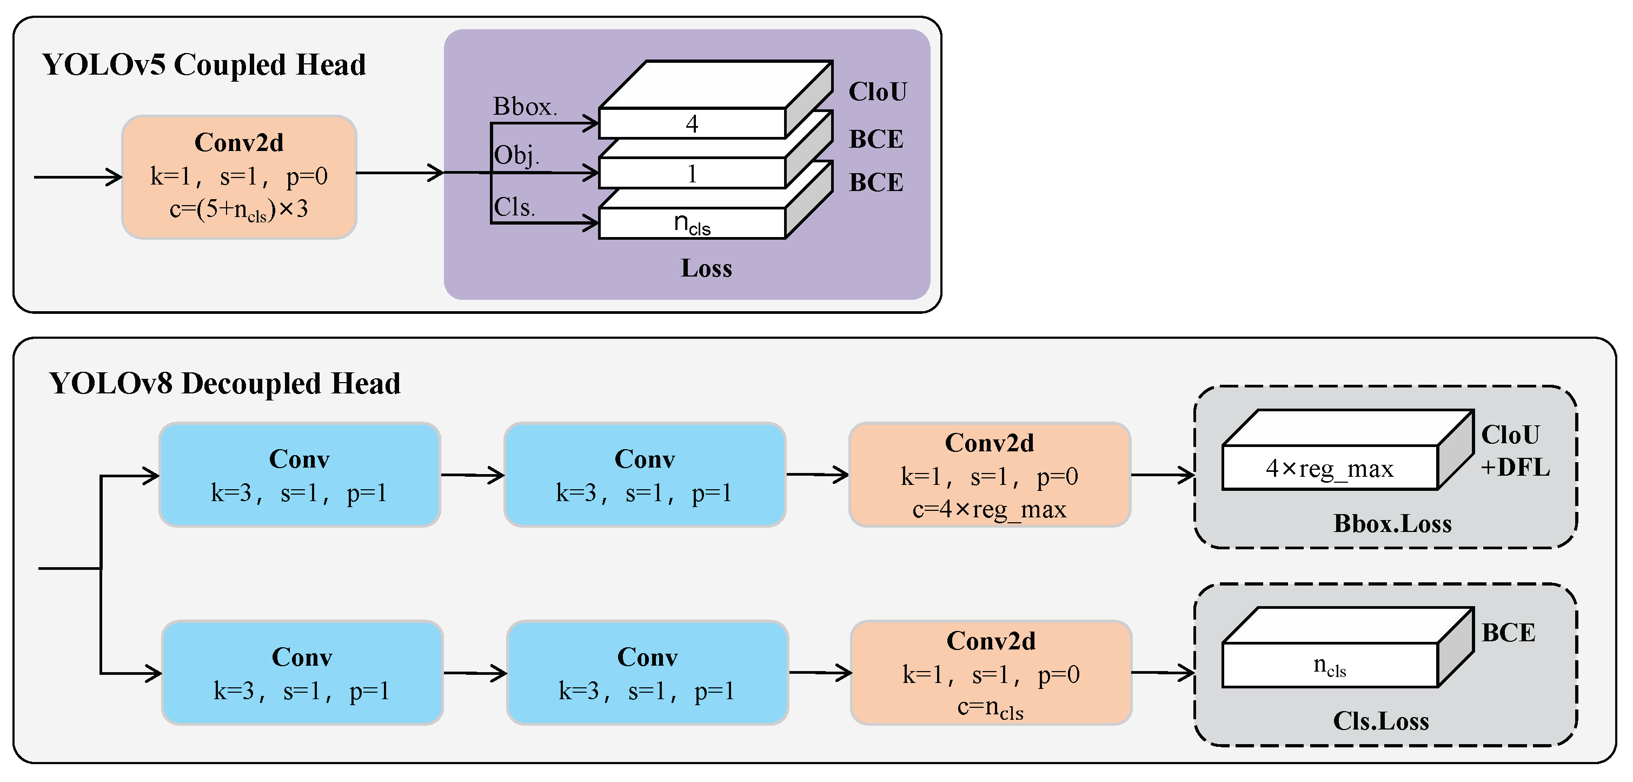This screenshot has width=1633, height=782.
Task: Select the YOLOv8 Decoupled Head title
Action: (x=224, y=384)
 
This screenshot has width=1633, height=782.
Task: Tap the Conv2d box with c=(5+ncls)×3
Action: (x=239, y=177)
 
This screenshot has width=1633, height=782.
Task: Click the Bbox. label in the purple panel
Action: (x=525, y=107)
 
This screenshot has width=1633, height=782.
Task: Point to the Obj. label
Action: (x=516, y=155)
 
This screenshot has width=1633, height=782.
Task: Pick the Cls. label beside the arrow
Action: (x=514, y=207)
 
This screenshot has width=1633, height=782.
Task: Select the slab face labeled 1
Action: (x=692, y=174)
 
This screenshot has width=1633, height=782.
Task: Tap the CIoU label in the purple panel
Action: (x=878, y=92)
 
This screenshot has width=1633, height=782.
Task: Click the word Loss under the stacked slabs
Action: (x=706, y=268)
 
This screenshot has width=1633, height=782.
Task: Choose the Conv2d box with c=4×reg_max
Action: (x=990, y=475)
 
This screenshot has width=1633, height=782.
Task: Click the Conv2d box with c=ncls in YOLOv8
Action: (x=991, y=673)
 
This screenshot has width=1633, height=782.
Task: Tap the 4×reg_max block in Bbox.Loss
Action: (x=1329, y=468)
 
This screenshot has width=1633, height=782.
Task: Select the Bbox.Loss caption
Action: (x=1392, y=524)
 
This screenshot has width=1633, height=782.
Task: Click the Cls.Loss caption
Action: (x=1380, y=721)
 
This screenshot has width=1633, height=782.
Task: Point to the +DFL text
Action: (x=1515, y=468)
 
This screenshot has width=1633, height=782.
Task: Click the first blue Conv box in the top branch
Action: (x=299, y=475)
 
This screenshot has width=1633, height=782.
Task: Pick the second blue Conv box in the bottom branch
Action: (x=647, y=673)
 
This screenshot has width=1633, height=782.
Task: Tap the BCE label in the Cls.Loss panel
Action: (x=1508, y=633)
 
